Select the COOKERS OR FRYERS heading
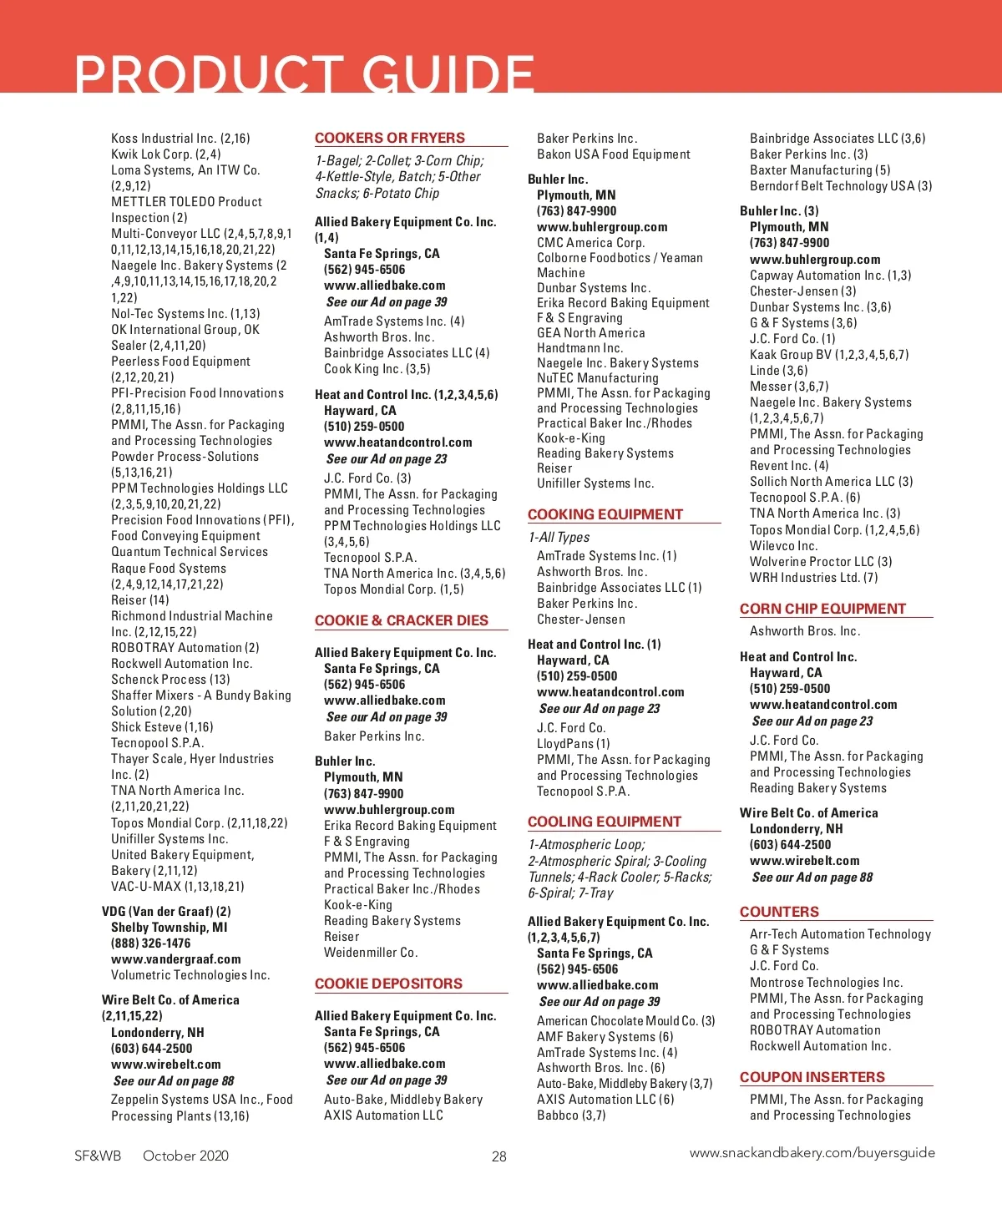(390, 138)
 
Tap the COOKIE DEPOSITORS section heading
(388, 984)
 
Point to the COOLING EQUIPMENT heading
(605, 822)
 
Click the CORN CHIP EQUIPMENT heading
(822, 609)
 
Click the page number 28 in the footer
(499, 1156)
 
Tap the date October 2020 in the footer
(185, 1156)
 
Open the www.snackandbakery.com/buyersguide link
(812, 1153)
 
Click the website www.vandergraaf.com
(176, 959)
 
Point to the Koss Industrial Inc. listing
(180, 139)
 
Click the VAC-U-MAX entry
(178, 887)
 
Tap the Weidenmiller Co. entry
(371, 953)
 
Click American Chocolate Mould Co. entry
(626, 1021)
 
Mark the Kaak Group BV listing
(829, 355)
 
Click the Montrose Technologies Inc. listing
(826, 983)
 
